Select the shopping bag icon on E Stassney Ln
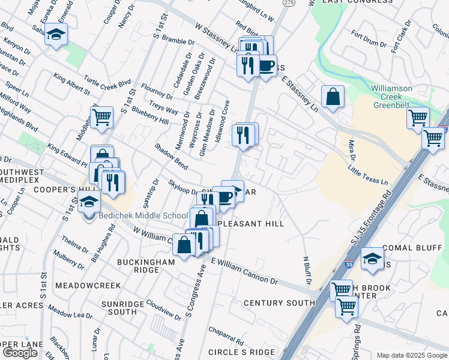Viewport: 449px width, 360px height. (333, 98)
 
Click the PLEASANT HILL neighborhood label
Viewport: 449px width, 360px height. (250, 224)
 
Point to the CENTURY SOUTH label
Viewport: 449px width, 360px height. (279, 303)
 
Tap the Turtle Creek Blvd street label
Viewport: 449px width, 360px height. (107, 83)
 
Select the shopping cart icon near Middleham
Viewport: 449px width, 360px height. (102, 117)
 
